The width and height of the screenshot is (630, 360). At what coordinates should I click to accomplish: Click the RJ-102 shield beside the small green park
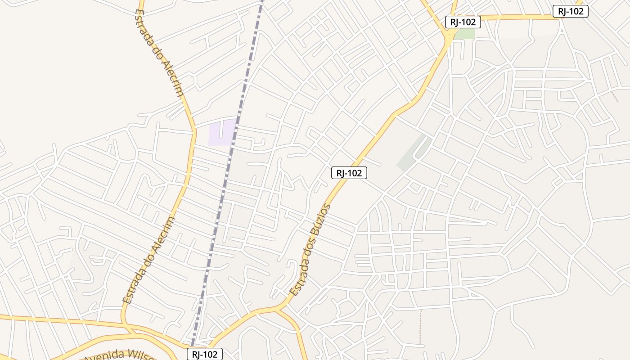tap(463, 22)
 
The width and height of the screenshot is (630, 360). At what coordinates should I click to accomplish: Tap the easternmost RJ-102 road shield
tap(570, 12)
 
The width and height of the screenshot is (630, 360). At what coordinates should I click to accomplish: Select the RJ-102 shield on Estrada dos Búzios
tap(349, 173)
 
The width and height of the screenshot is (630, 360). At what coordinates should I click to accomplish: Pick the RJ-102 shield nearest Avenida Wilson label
tap(205, 354)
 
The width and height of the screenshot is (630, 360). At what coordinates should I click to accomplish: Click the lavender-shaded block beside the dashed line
tap(221, 133)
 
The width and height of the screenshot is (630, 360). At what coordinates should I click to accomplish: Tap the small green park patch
tap(467, 34)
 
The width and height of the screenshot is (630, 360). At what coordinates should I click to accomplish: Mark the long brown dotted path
tap(421, 326)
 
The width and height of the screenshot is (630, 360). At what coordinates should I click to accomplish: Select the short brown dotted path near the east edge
tap(615, 97)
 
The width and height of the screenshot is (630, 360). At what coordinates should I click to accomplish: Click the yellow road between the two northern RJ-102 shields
tap(517, 17)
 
